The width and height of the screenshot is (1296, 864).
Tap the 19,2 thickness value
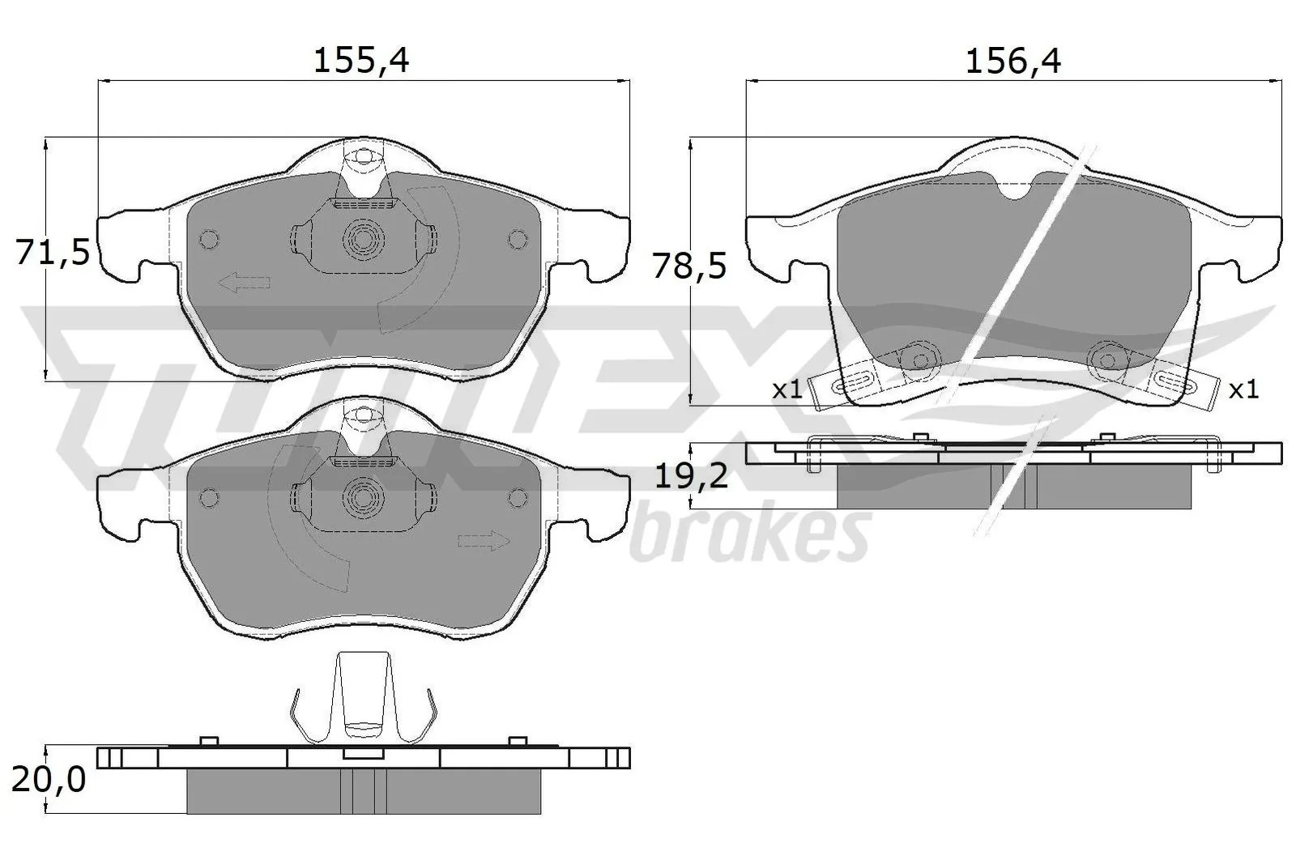[x=691, y=476]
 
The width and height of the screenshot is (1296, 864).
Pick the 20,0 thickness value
[x=49, y=779]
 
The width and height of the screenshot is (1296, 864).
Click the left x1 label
[x=787, y=389]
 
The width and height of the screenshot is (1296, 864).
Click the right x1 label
[x=1243, y=389]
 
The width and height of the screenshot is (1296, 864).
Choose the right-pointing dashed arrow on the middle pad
[x=484, y=541]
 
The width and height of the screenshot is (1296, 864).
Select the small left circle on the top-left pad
[x=208, y=240]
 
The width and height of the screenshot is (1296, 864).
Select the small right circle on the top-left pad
[x=517, y=239]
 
